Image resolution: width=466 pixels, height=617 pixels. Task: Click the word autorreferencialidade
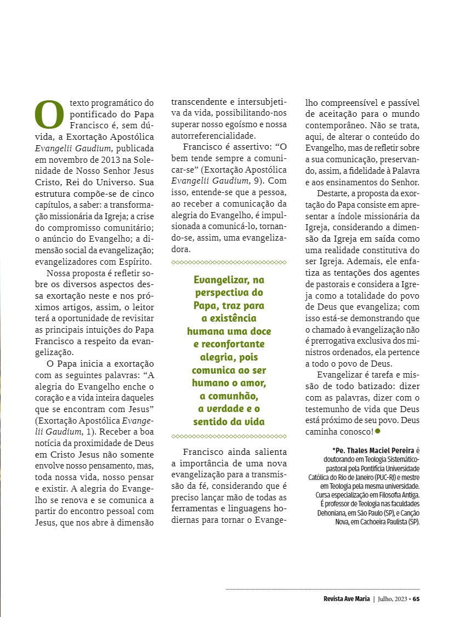pos(213,135)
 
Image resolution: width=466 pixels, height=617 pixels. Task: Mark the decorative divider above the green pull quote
pos(229,263)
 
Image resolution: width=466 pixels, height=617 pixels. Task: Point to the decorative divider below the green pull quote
pos(229,436)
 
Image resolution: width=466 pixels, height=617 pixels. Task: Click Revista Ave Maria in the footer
pos(346,598)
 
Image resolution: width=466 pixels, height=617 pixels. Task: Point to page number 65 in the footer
pos(416,598)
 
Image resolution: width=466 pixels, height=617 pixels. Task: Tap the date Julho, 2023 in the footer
pos(393,598)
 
